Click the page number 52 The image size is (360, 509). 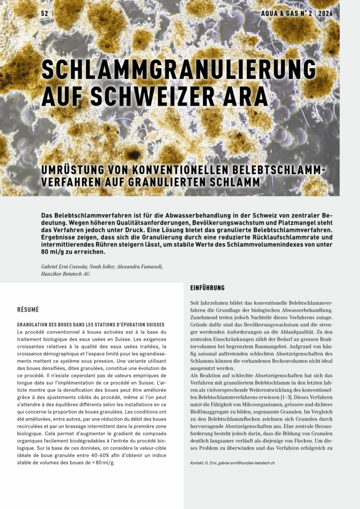click(x=45, y=13)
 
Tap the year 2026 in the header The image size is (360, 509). click(x=326, y=13)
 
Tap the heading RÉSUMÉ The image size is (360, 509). click(x=28, y=310)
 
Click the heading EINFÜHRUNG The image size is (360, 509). click(x=207, y=288)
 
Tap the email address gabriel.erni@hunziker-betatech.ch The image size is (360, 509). click(x=247, y=463)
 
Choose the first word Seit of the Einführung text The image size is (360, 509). click(x=197, y=303)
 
